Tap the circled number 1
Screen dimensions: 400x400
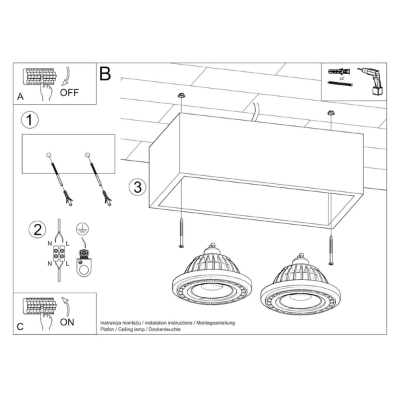point(28,121)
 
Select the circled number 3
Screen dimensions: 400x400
point(136,187)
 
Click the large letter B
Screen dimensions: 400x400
point(105,73)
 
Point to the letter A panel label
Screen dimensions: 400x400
point(19,97)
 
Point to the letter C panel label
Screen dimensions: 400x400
point(19,327)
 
